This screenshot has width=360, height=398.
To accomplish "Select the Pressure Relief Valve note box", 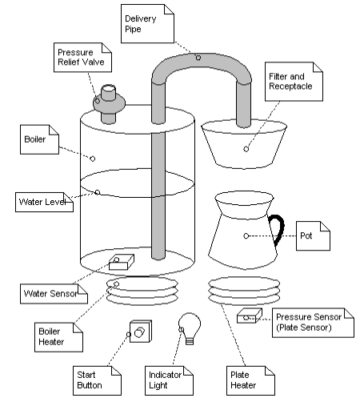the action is tap(82, 58).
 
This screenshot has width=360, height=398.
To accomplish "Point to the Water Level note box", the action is tap(44, 202).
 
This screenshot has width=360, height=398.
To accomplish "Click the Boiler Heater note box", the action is tap(58, 337).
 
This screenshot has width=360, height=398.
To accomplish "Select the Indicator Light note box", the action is tap(169, 380).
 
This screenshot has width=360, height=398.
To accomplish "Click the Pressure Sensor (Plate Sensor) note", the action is tap(313, 323).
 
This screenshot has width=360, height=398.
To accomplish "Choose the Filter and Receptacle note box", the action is tap(294, 82).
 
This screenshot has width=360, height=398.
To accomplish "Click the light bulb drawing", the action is tap(190, 328).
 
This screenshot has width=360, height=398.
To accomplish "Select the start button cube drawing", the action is tap(141, 332).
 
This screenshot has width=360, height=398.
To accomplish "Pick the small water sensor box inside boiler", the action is tap(122, 262).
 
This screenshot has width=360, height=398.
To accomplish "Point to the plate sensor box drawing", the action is tap(250, 316).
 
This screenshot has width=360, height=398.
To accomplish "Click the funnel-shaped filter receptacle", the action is tap(244, 144).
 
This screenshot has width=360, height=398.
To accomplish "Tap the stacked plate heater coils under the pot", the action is tap(244, 291).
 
